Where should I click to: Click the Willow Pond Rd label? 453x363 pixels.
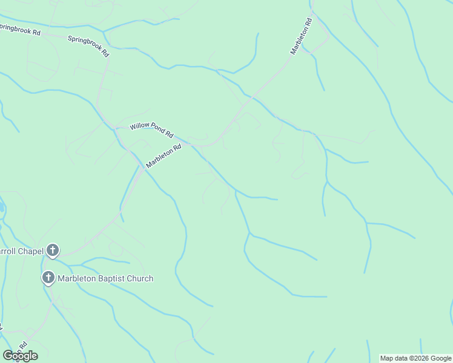151,131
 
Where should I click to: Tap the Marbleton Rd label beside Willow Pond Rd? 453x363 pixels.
164,156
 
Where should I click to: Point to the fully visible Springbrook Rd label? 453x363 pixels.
88,45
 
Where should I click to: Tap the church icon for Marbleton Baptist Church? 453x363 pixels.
48,278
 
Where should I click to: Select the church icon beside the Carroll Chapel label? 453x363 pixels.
53,250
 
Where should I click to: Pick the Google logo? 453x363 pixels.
20,356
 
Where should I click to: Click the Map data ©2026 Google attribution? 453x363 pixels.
416,358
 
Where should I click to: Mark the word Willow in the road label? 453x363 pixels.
139,128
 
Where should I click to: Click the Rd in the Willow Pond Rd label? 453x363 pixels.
170,135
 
